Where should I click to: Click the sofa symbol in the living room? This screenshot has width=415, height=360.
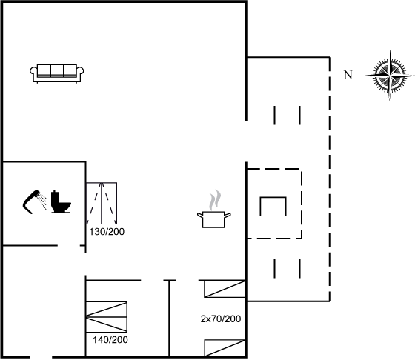tap(57, 73)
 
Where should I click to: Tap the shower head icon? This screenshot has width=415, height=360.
tap(31, 201)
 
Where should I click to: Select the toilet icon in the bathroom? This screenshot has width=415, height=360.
tap(61, 201)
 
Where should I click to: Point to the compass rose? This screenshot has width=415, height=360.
tap(390, 76)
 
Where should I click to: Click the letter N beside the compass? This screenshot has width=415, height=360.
tap(348, 75)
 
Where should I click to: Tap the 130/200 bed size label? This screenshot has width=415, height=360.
tap(107, 232)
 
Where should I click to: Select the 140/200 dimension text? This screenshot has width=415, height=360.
tap(110, 340)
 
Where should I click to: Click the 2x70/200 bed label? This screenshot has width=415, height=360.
tap(221, 319)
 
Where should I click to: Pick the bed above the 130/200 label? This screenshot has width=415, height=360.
tap(102, 203)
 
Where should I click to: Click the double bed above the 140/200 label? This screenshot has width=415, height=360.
tap(107, 317)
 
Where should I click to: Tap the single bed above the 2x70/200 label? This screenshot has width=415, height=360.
tap(225, 289)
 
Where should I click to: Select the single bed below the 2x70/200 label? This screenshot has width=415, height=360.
tap(225, 348)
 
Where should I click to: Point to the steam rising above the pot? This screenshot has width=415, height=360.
tap(215, 200)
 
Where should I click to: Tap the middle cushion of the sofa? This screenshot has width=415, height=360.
tap(57, 70)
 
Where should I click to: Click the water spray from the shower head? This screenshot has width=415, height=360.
tap(42, 201)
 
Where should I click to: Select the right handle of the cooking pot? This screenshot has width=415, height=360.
tap(228, 216)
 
